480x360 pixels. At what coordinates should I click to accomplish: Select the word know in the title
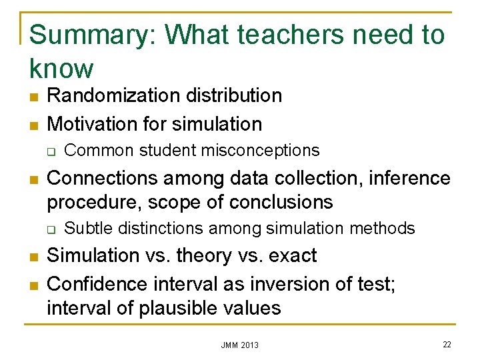point(61,68)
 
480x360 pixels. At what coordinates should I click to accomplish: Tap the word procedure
point(91,201)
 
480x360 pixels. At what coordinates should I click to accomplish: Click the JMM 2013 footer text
point(240,345)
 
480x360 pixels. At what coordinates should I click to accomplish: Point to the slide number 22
point(446,343)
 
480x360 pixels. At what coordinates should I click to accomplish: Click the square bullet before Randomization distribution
point(33,96)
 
